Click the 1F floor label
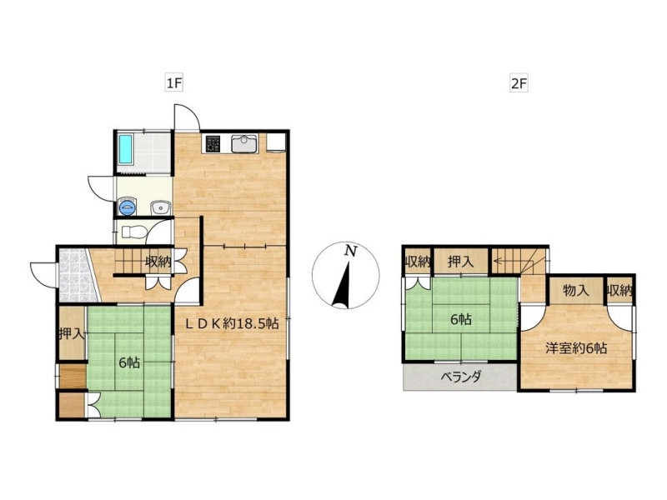(174, 82)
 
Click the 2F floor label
(519, 83)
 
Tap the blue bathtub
(126, 149)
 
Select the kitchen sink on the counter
(244, 143)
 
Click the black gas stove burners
(213, 143)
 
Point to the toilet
(133, 232)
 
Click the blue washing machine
(127, 206)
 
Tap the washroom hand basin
(160, 207)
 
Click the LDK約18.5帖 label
(232, 323)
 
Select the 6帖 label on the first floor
(129, 362)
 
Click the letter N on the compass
(350, 251)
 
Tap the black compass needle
(342, 285)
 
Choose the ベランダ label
(461, 377)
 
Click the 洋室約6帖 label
(576, 348)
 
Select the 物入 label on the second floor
(576, 290)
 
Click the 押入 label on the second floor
(460, 262)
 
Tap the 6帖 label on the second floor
(461, 319)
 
